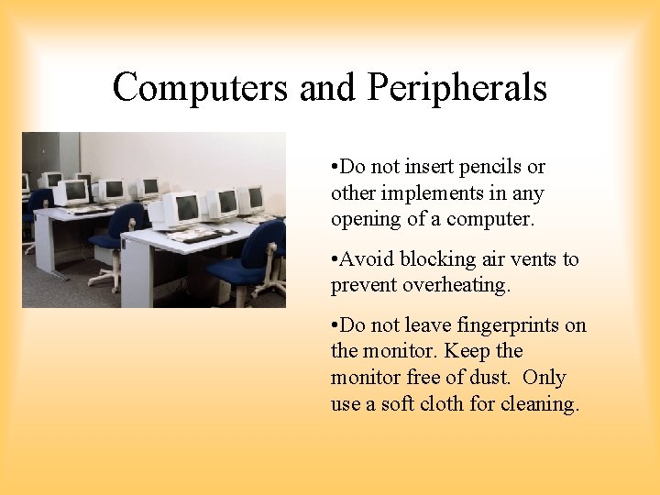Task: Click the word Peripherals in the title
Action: (x=457, y=88)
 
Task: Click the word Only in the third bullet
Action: (x=547, y=378)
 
